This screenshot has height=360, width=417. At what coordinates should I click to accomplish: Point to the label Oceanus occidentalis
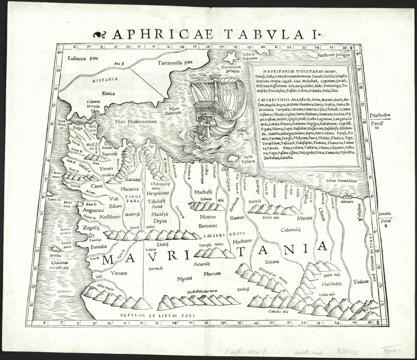pyautogui.click(x=67, y=266)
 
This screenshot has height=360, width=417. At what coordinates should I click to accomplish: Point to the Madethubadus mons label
pyautogui.click(x=198, y=291)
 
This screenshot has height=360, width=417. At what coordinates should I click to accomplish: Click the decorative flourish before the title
pyautogui.click(x=100, y=35)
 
